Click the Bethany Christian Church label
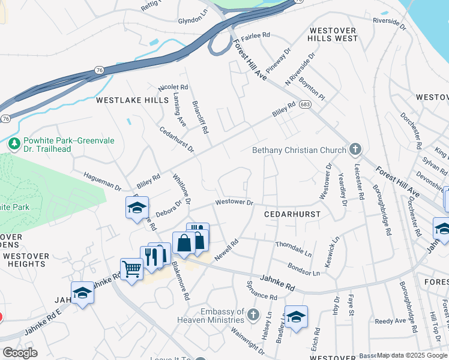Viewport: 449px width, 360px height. point(299,150)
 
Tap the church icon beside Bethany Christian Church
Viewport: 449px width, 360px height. point(355,149)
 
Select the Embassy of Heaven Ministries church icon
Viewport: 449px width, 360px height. point(253,314)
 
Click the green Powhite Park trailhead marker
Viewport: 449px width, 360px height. point(14,143)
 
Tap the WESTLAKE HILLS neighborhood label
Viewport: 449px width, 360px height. point(133,100)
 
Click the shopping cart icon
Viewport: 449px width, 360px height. point(131,269)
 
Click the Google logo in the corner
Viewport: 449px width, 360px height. point(20,352)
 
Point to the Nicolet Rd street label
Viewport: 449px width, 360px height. point(173,88)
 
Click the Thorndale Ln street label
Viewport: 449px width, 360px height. point(294,249)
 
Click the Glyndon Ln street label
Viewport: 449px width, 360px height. point(193,20)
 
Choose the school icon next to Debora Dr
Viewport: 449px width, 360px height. point(137,208)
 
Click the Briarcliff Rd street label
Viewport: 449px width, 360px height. point(199,116)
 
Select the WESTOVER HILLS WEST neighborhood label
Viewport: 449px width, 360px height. point(333,34)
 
